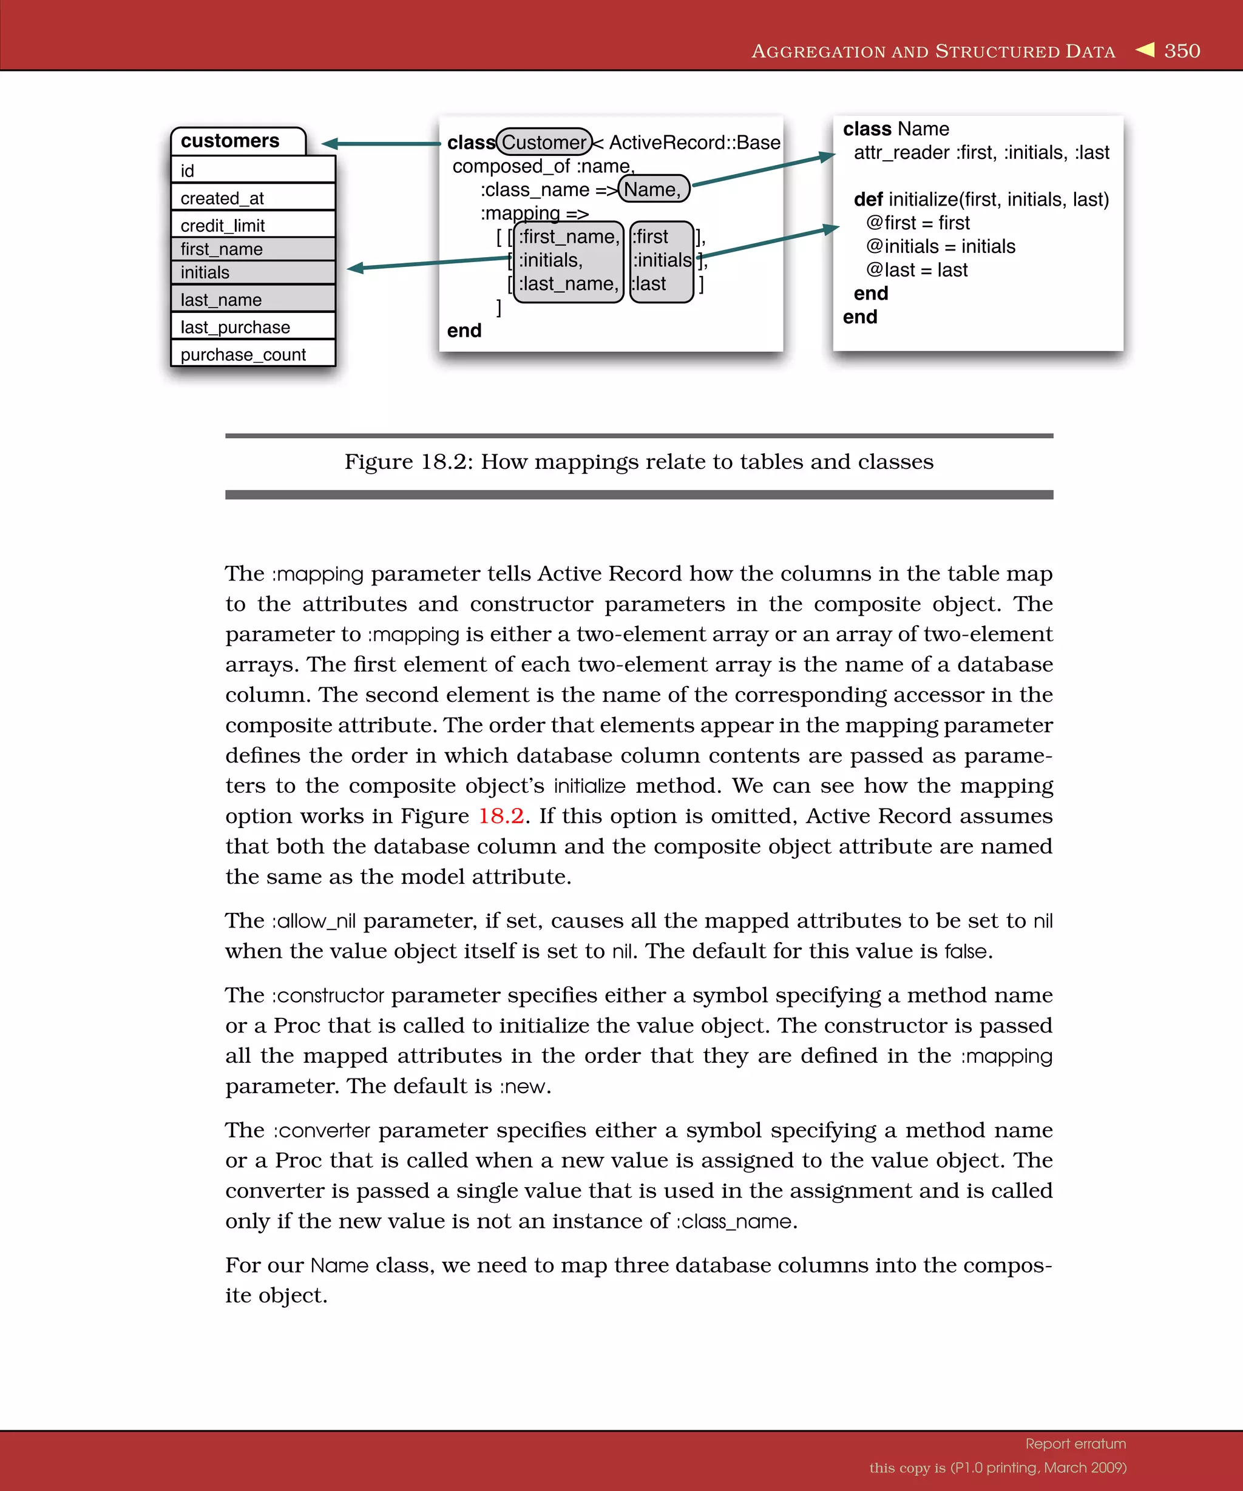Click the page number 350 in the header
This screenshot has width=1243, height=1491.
(x=1182, y=51)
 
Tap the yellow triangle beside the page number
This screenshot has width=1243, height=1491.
(x=1145, y=50)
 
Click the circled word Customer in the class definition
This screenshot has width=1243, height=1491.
(x=543, y=142)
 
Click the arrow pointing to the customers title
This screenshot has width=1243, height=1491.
(x=381, y=143)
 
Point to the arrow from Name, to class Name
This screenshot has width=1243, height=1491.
(x=764, y=170)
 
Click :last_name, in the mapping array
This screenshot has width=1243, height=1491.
(x=568, y=284)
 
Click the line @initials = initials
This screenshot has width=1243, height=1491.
(x=940, y=246)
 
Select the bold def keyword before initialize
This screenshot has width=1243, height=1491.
(x=867, y=200)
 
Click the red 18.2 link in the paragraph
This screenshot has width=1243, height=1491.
(x=501, y=816)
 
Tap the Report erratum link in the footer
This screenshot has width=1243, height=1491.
(x=1075, y=1444)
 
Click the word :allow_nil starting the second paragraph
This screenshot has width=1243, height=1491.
(x=313, y=921)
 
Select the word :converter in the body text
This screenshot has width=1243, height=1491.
(x=322, y=1130)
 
